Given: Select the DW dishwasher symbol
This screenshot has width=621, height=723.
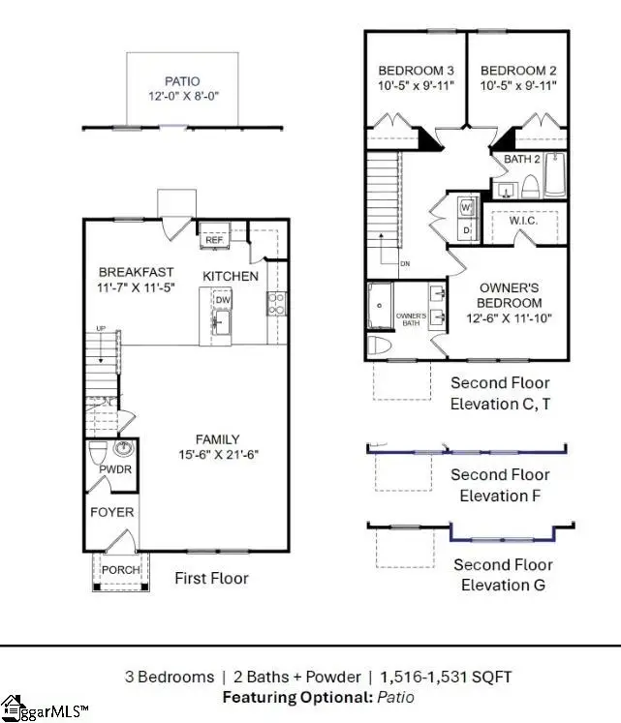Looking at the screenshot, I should pyautogui.click(x=222, y=301).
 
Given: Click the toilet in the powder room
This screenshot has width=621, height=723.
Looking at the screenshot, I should pyautogui.click(x=99, y=453).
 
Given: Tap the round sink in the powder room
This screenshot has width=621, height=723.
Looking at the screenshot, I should pyautogui.click(x=124, y=449).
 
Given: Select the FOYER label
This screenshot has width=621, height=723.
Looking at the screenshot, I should pyautogui.click(x=112, y=512).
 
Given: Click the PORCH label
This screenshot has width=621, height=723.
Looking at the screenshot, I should pyautogui.click(x=122, y=570).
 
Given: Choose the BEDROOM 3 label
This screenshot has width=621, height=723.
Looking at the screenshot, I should pyautogui.click(x=415, y=71).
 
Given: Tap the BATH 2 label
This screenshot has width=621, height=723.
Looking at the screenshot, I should pyautogui.click(x=521, y=159).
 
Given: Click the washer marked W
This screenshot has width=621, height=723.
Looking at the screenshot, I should pyautogui.click(x=466, y=208).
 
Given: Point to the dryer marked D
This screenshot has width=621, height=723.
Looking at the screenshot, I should pyautogui.click(x=466, y=230).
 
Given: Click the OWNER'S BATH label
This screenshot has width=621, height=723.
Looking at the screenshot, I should pyautogui.click(x=412, y=319).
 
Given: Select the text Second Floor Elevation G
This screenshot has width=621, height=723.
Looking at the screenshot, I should pyautogui.click(x=502, y=574).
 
